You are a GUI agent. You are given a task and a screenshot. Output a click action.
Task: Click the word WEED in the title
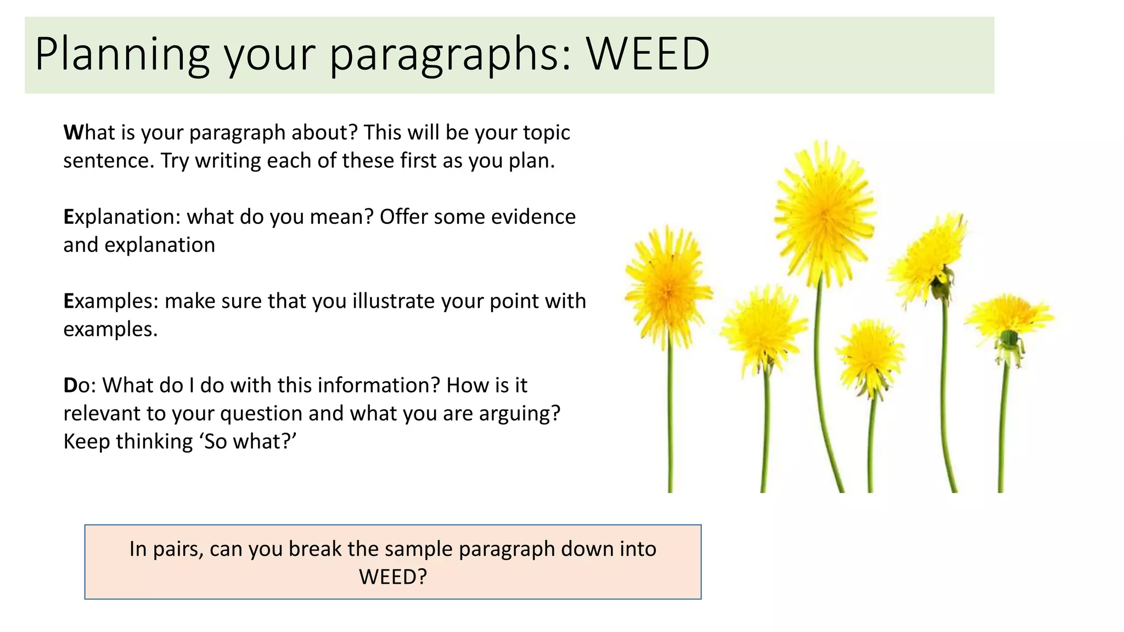pos(648,54)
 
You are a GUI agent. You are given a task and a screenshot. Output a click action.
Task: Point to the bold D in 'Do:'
pos(70,385)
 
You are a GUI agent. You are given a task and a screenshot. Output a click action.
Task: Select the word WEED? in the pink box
pos(393,577)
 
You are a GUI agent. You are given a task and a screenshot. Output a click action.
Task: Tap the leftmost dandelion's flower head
pos(668,288)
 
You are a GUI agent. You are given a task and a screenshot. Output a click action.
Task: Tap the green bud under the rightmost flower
pos(1009,337)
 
